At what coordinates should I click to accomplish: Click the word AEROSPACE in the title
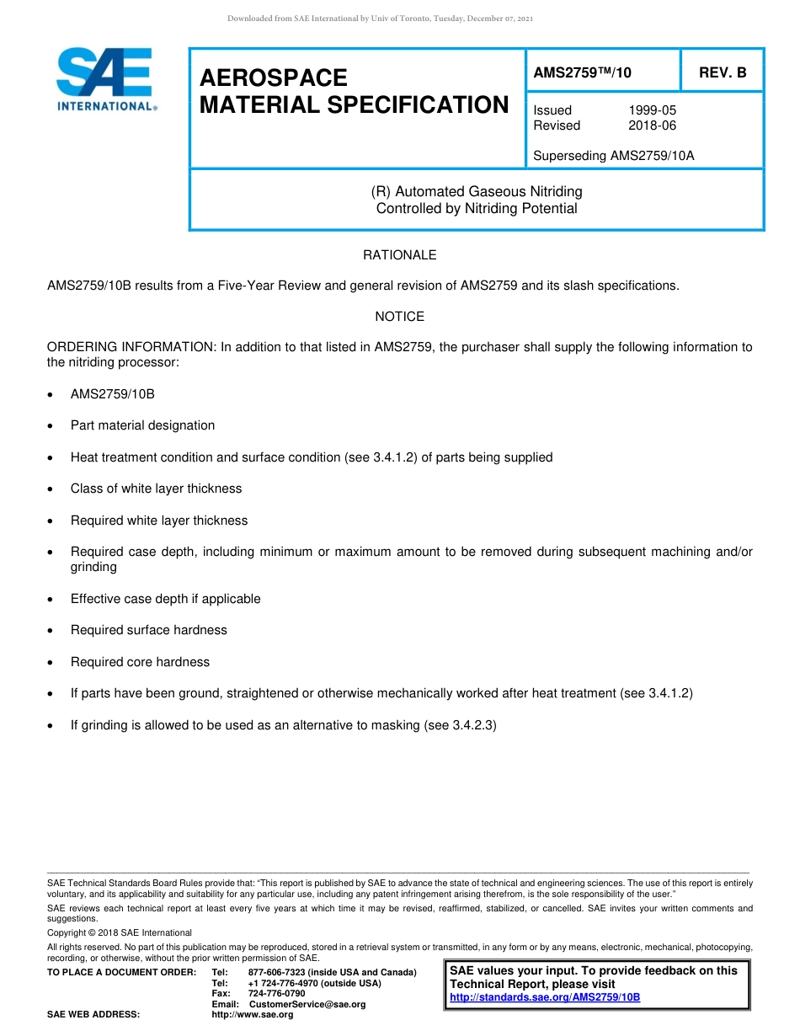pyautogui.click(x=273, y=77)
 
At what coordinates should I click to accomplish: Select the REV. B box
pyautogui.click(x=722, y=73)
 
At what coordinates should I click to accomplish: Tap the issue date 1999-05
pyautogui.click(x=652, y=110)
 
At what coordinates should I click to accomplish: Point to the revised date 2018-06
pyautogui.click(x=652, y=125)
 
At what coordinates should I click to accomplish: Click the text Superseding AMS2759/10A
pyautogui.click(x=613, y=155)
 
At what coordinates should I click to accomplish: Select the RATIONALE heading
pyautogui.click(x=399, y=254)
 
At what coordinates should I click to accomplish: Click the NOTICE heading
pyautogui.click(x=399, y=317)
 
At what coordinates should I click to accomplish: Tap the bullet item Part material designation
pyautogui.click(x=142, y=425)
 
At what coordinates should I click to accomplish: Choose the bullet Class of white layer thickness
pyautogui.click(x=156, y=489)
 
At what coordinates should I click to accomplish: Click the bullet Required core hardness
pyautogui.click(x=140, y=662)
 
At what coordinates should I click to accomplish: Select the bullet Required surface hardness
pyautogui.click(x=148, y=630)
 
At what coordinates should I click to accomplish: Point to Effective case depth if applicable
pyautogui.click(x=165, y=599)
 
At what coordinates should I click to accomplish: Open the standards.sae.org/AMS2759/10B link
pyautogui.click(x=545, y=997)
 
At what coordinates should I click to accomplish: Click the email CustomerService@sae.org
pyautogui.click(x=307, y=1004)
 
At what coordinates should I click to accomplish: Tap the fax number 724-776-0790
pyautogui.click(x=276, y=993)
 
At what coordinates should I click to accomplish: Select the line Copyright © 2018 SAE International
pyautogui.click(x=120, y=932)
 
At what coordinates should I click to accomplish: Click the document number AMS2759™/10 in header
pyautogui.click(x=582, y=73)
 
